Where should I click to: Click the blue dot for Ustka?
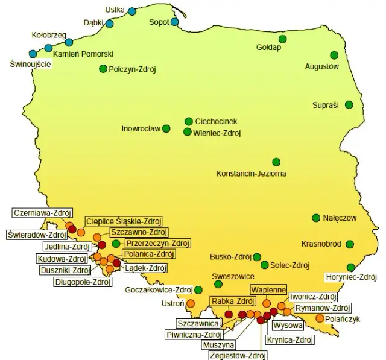coord(132,11)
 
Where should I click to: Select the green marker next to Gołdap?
coord(282,39)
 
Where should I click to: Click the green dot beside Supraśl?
coord(349,104)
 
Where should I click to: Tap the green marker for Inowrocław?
coord(166,128)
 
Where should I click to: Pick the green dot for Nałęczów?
coord(315,218)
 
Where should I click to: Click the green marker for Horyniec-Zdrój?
coord(351,267)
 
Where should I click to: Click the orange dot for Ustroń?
coord(191,303)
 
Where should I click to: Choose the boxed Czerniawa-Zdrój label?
coord(42,212)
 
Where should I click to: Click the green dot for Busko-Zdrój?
coord(257,257)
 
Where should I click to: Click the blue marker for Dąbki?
coord(110,24)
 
